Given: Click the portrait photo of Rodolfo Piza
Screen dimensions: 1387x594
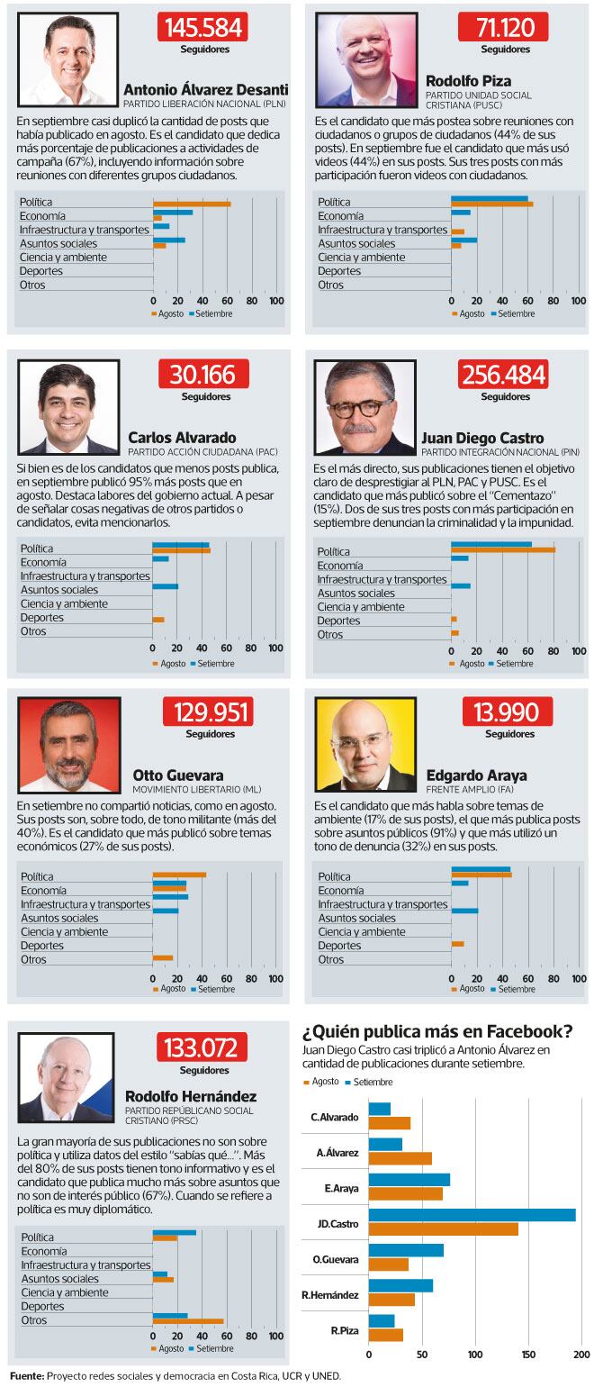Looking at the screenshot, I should coord(366,60).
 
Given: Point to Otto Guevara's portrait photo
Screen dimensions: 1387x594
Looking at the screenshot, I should coord(67,746).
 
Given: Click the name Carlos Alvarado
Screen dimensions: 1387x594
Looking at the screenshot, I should coord(182,438).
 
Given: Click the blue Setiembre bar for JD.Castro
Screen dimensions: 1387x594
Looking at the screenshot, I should coord(472,1215).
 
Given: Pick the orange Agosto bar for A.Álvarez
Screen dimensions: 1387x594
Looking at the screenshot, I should coord(400,1158).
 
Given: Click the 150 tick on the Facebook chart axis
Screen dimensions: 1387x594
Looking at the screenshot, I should coord(528,1354).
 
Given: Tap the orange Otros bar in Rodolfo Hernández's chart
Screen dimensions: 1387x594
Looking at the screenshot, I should coord(187,1321).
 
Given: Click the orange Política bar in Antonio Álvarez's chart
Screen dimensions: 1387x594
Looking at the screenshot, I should coord(191,204).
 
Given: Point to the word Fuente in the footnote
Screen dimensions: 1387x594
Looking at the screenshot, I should coord(27,1376).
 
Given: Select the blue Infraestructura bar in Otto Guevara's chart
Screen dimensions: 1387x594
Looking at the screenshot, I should coord(170,897).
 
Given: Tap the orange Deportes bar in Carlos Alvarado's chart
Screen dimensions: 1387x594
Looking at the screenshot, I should coord(158,620).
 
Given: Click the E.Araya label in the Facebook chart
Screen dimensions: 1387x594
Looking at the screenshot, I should coord(342,1188).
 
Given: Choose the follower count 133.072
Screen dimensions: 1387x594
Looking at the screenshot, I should coord(202,1048).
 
